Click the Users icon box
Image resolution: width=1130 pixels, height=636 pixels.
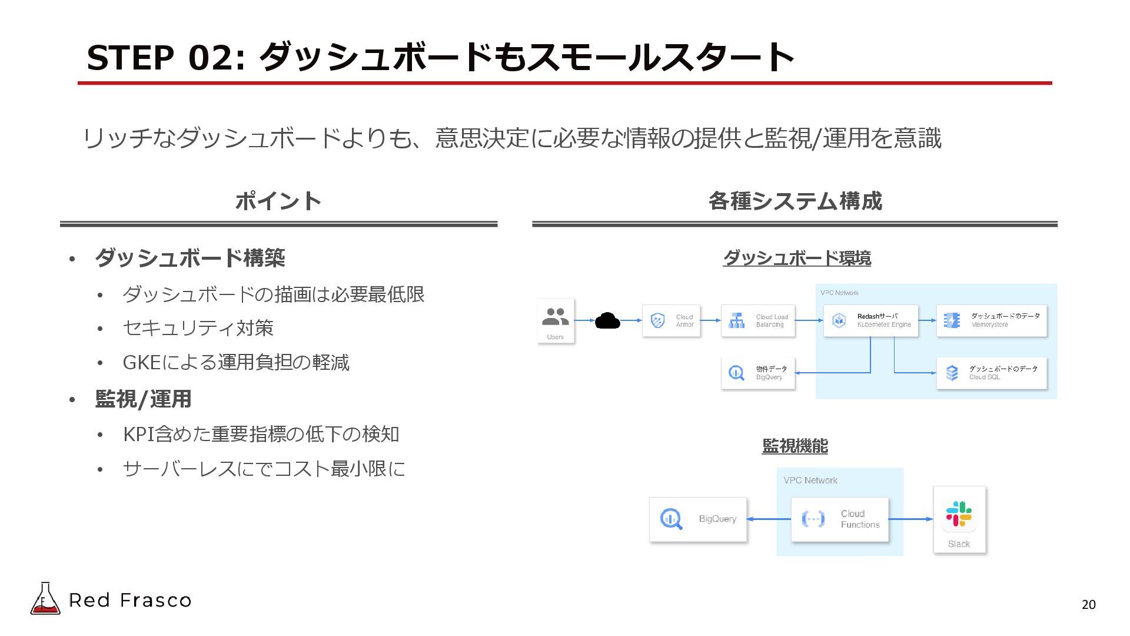pyautogui.click(x=555, y=320)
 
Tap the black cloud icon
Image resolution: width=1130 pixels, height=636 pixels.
pyautogui.click(x=607, y=321)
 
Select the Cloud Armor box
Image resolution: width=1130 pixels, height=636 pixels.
pyautogui.click(x=671, y=321)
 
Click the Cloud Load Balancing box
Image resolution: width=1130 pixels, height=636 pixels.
pyautogui.click(x=757, y=321)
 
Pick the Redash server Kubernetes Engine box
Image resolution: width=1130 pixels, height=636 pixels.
pyautogui.click(x=870, y=321)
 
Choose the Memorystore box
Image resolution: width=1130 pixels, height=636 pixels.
pyautogui.click(x=991, y=321)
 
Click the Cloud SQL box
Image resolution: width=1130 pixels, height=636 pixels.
pyautogui.click(x=991, y=373)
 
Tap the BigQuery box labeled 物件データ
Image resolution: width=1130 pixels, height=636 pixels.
pyautogui.click(x=757, y=373)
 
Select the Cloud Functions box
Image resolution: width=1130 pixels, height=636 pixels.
pyautogui.click(x=839, y=519)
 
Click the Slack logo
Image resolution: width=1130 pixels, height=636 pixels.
pyautogui.click(x=959, y=514)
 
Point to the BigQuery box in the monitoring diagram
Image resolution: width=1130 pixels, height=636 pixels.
pyautogui.click(x=698, y=519)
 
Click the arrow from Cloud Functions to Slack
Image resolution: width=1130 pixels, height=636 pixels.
pyautogui.click(x=910, y=519)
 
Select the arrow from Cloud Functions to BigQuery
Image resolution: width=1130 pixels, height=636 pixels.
pyautogui.click(x=769, y=519)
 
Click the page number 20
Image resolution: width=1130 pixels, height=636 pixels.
pyautogui.click(x=1088, y=605)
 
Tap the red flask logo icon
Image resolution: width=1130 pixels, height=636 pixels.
pyautogui.click(x=45, y=599)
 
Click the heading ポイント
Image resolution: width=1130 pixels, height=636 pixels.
pyautogui.click(x=278, y=201)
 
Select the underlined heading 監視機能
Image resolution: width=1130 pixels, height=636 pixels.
pyautogui.click(x=795, y=446)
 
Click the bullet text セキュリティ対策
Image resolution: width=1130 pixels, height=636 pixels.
pyautogui.click(x=198, y=328)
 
